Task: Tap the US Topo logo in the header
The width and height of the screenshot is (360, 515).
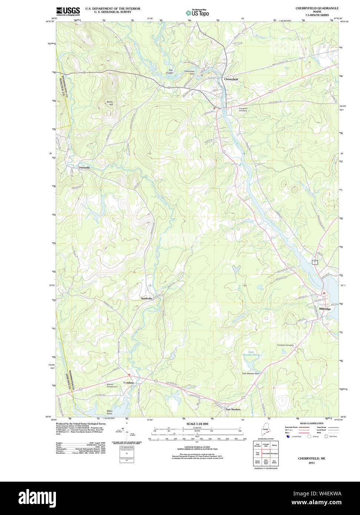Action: click(x=197, y=13)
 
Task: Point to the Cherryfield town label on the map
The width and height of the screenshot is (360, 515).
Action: click(x=231, y=79)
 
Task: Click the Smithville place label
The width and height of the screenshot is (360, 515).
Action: click(x=146, y=298)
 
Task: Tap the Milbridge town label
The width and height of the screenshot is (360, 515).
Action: click(x=325, y=309)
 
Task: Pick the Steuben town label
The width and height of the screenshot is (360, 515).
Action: click(x=129, y=383)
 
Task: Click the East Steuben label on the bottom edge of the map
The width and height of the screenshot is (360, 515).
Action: click(x=233, y=409)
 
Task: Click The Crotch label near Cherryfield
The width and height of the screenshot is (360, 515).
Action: click(x=169, y=71)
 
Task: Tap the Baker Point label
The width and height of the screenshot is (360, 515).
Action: click(x=110, y=412)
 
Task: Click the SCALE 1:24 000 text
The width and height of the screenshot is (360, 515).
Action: click(x=197, y=424)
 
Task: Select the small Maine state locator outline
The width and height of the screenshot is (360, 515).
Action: click(x=266, y=431)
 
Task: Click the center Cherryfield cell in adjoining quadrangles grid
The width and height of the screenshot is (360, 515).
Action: click(x=266, y=453)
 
